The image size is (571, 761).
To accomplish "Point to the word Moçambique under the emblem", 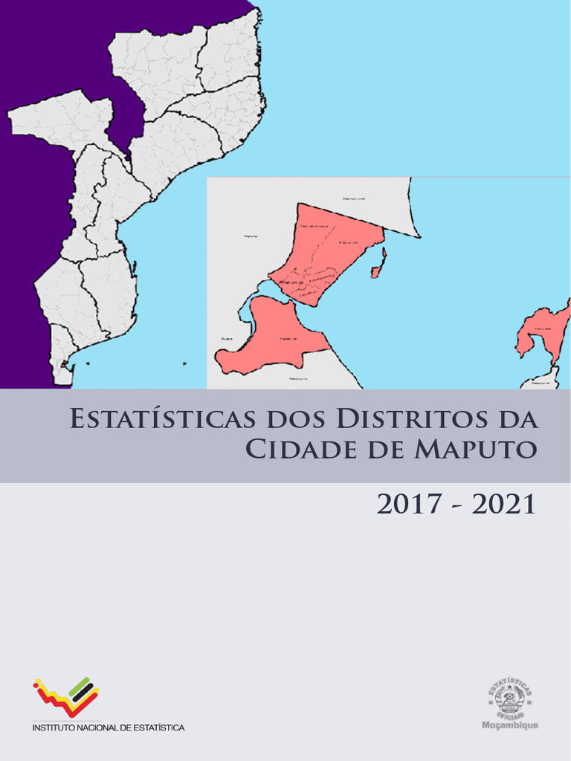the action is pos(511,725).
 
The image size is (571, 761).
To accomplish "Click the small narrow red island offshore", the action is pos(378,265).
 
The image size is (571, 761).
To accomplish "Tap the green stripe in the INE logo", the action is pos(80,687).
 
